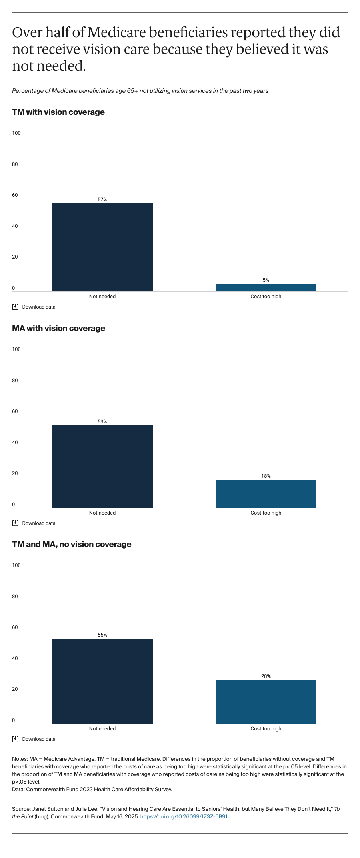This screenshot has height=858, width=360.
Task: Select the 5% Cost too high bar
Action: [x=266, y=287]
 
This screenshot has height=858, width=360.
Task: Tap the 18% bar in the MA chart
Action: [x=266, y=493]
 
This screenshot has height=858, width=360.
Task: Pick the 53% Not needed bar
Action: [x=102, y=466]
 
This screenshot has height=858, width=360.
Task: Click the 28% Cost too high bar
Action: [x=266, y=701]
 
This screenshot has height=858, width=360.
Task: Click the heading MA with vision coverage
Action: [x=58, y=328]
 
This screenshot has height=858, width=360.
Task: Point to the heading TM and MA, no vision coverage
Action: [x=72, y=544]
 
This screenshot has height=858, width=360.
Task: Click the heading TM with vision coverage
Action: [x=58, y=112]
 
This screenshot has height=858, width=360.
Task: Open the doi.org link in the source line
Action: [x=184, y=816]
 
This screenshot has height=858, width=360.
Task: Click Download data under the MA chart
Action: [x=38, y=523]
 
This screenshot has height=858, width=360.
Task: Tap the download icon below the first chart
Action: [x=15, y=307]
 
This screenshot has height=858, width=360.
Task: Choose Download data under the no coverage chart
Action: [x=38, y=739]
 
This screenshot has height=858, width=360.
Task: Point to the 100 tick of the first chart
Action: [x=16, y=133]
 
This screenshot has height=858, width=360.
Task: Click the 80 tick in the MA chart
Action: [x=15, y=380]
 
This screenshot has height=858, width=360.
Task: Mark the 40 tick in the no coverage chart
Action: [x=15, y=658]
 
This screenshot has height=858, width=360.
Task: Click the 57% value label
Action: [x=102, y=199]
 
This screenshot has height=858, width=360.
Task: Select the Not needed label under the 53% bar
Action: [x=102, y=513]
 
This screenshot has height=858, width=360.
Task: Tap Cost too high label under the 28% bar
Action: [x=266, y=728]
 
